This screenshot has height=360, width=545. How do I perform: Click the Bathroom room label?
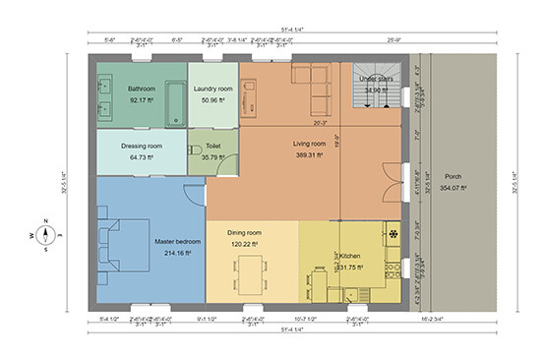[141, 89]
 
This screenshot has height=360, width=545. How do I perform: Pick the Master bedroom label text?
[178, 241]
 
